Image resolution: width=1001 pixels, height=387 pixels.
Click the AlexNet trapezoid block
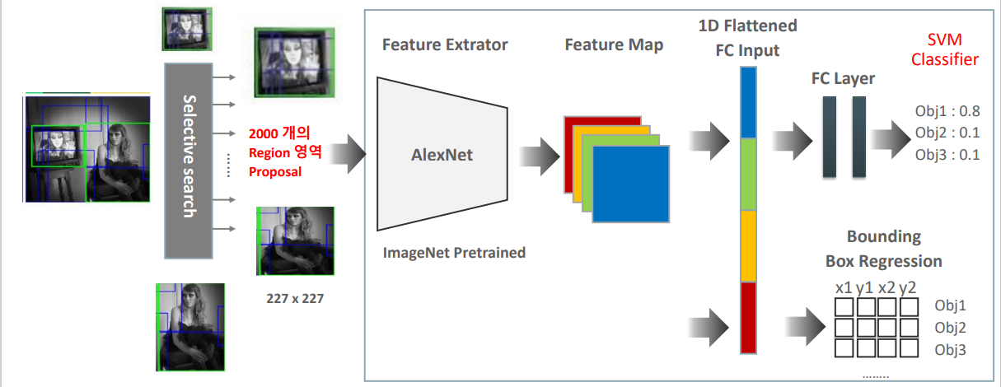click(442, 154)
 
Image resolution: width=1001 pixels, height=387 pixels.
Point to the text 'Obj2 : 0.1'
click(947, 133)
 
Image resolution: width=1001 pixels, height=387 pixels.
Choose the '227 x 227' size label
click(295, 299)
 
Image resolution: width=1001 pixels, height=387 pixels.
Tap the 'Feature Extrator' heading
click(445, 44)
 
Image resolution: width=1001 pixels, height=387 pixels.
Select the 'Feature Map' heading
click(614, 44)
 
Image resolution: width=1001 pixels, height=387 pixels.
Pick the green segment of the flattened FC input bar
click(748, 174)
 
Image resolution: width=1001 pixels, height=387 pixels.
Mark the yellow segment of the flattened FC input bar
click(748, 245)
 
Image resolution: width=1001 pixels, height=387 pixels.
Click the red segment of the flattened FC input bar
click(748, 317)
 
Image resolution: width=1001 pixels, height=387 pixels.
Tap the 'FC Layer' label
click(843, 79)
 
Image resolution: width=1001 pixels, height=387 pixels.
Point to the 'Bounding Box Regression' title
click(883, 249)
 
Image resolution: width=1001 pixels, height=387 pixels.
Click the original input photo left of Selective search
click(87, 148)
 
